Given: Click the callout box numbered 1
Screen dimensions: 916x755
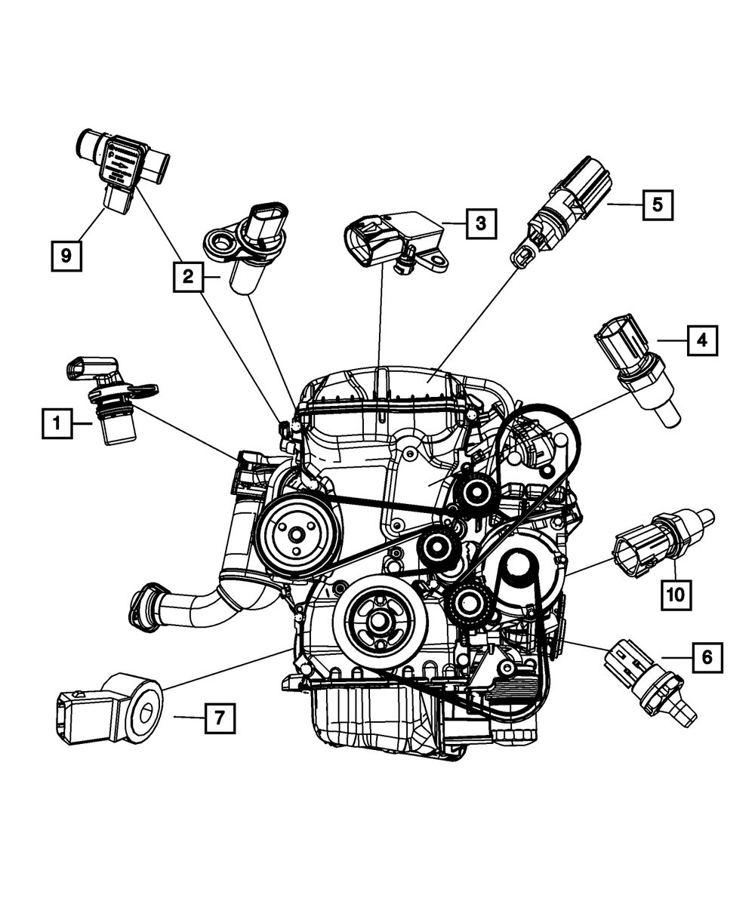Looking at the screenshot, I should (57, 424).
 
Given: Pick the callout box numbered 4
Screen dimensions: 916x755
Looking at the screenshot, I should (701, 341).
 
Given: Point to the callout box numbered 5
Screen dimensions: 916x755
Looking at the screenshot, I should (658, 204).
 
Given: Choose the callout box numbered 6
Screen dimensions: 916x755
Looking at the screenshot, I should (706, 657).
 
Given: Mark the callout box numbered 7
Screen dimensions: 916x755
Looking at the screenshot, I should (219, 718).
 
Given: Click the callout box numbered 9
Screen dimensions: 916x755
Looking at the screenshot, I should (66, 255).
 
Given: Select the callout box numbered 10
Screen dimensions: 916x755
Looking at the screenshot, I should (676, 595).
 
